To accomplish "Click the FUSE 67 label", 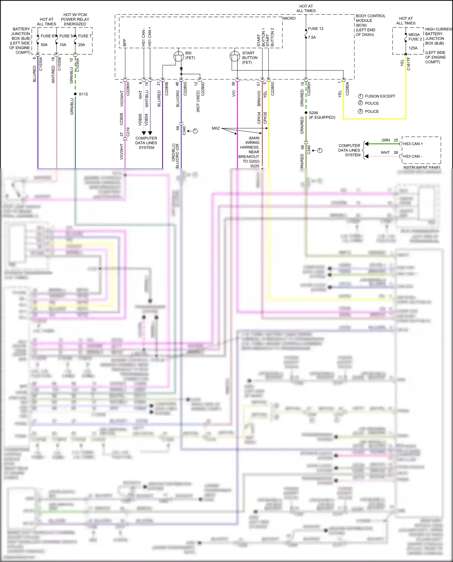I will (48, 36).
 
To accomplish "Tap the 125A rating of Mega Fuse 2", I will (413, 48).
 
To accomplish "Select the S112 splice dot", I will (75, 94).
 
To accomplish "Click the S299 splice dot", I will (306, 113).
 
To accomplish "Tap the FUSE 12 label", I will (316, 29).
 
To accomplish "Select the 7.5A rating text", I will (312, 37).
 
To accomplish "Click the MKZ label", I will (216, 128).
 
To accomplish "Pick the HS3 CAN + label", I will (413, 144).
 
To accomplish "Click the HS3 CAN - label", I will (412, 156).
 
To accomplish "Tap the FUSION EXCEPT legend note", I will (380, 96).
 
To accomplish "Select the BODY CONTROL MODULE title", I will (370, 18).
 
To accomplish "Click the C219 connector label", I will (128, 132).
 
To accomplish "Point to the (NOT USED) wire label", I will (198, 101).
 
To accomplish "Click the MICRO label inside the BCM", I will (290, 18).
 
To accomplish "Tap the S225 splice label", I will (255, 166).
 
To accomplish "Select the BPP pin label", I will (125, 43).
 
